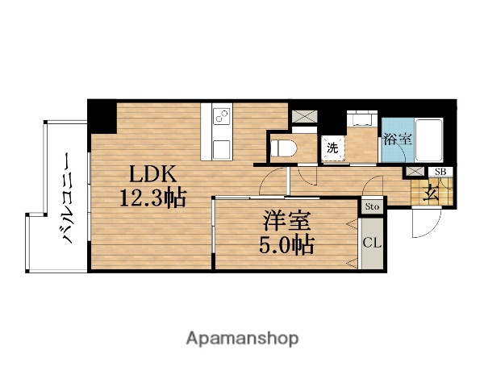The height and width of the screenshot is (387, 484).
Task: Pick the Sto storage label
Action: coord(371,206)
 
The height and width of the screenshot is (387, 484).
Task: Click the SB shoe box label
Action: coord(440,172)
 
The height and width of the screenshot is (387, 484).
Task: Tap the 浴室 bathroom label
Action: coord(397,139)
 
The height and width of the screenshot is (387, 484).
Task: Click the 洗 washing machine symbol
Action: coord(332,148)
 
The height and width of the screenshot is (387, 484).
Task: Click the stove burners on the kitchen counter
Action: coord(222,119)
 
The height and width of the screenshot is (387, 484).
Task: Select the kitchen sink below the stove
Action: coord(222,148)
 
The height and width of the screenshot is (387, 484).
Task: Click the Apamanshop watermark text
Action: coord(242,338)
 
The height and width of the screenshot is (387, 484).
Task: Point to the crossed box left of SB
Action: coord(415,172)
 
